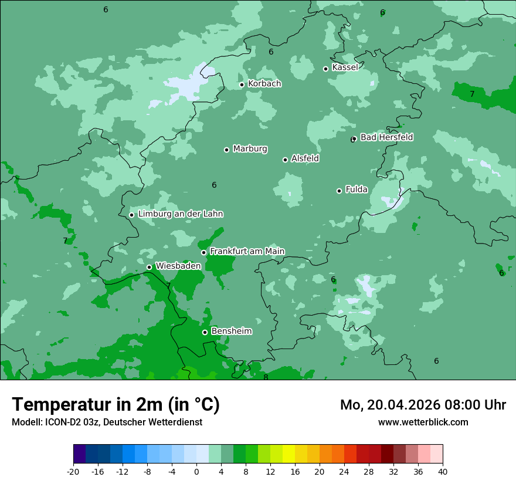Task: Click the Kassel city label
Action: (345, 67)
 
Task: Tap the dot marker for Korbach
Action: (242, 84)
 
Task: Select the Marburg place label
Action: (250, 149)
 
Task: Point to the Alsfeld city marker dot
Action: (285, 160)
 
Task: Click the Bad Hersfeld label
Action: (386, 137)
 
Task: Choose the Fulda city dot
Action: (339, 191)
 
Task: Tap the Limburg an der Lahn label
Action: (180, 214)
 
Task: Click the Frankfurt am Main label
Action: (247, 251)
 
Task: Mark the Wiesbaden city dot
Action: (149, 267)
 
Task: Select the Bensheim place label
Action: (231, 332)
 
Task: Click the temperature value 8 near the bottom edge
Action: (266, 377)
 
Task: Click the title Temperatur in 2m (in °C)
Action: (116, 404)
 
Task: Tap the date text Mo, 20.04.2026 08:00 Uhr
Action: (423, 405)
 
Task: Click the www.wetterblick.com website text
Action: (423, 422)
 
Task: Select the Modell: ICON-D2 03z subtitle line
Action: (107, 422)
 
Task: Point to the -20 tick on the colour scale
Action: (73, 471)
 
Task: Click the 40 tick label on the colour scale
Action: (442, 471)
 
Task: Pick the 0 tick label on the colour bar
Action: (196, 471)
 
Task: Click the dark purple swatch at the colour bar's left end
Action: (80, 454)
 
